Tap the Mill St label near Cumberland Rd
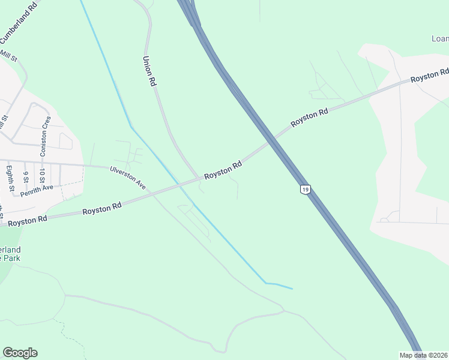tap(9, 56)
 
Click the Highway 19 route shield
tap(306, 190)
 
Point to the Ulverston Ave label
tap(128, 178)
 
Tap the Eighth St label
tap(10, 178)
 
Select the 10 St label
tap(42, 177)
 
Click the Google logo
tap(20, 353)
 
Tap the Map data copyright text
tap(424, 355)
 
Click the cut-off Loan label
tap(440, 39)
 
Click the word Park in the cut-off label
tap(11, 258)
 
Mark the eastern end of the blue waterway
tap(292, 289)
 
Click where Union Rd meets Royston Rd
tap(200, 178)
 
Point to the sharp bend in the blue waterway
tap(131, 127)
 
